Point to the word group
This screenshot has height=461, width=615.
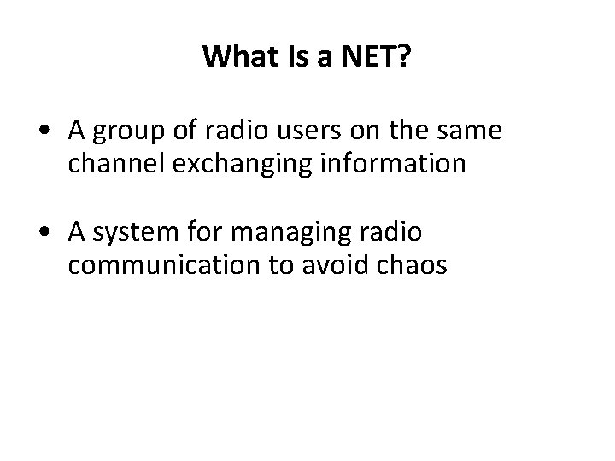[x=128, y=131]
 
